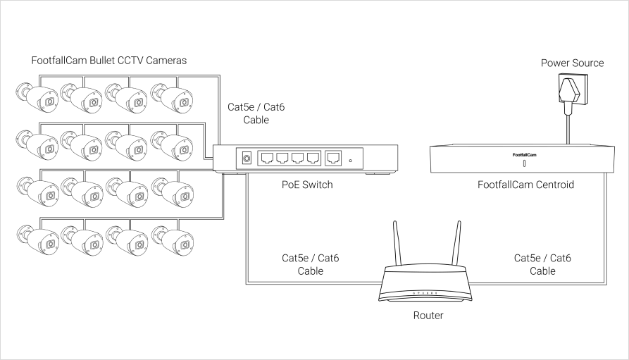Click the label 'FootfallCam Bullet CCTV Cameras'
[x=109, y=61]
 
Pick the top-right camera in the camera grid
[x=172, y=99]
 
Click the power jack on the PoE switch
[x=247, y=159]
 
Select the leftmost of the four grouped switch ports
[x=268, y=159]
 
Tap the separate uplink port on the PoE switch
[x=334, y=159]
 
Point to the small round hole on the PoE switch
[x=350, y=161]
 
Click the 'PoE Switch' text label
[x=306, y=185]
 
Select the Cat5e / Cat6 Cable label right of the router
[x=542, y=265]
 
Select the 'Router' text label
[x=428, y=316]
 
